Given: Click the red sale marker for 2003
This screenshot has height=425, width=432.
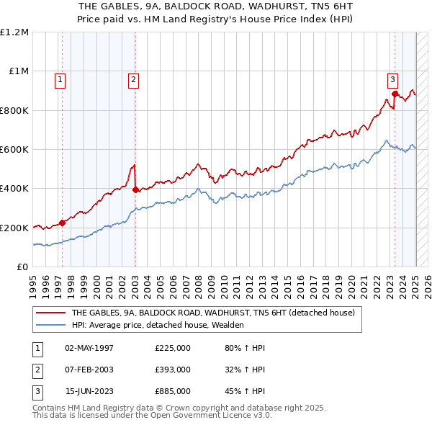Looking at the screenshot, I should [x=136, y=190].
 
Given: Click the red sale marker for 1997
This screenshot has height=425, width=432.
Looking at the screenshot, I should [x=62, y=223].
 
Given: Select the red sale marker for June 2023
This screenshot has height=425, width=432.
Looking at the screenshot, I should [x=395, y=94].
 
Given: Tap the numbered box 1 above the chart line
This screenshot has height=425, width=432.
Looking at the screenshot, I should [x=60, y=80].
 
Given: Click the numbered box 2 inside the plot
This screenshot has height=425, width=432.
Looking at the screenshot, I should [x=134, y=80].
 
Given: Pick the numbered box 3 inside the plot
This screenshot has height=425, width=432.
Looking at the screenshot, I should [x=392, y=80].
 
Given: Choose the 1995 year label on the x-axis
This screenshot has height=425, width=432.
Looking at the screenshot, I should [x=33, y=281].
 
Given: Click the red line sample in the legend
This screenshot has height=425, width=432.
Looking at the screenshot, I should [x=50, y=313].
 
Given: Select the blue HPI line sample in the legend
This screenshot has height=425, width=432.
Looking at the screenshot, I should [x=50, y=325].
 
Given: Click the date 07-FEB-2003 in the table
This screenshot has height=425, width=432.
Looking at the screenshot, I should [x=90, y=370].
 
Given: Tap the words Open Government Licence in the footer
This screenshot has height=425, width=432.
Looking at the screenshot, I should [x=216, y=416].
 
